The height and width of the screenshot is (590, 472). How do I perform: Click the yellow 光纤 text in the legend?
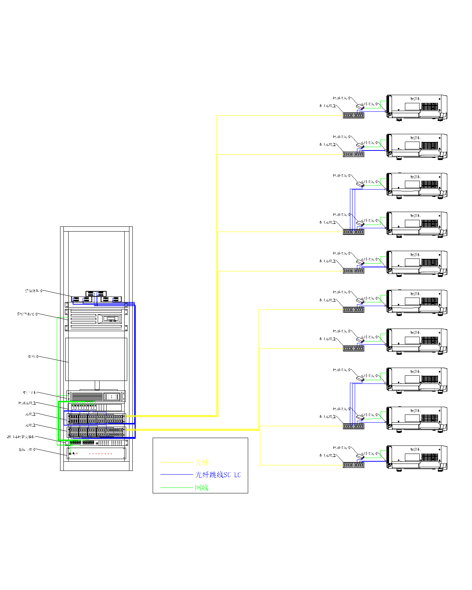[202, 462]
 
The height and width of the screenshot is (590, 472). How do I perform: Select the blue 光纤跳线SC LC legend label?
[218, 475]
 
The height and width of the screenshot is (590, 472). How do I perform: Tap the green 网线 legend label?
[202, 488]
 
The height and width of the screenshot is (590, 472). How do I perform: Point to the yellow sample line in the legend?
[177, 462]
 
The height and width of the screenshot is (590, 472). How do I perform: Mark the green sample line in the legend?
[177, 488]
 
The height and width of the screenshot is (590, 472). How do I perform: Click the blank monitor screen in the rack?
[96, 359]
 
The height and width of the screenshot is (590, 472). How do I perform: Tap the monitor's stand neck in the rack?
[97, 385]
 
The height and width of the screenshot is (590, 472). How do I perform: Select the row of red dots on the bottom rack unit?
[100, 454]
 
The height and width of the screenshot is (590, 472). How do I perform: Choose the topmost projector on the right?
[417, 107]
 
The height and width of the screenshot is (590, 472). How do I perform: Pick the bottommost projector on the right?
[417, 458]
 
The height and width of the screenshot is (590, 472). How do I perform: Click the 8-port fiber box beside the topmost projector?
[354, 115]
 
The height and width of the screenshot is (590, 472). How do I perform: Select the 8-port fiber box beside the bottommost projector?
[354, 465]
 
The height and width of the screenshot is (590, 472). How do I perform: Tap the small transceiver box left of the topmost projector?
[360, 106]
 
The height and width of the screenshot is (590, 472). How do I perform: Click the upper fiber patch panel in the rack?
[97, 419]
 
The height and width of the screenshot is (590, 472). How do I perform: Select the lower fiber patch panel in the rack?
[97, 432]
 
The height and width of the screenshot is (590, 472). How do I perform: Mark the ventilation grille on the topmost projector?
[430, 107]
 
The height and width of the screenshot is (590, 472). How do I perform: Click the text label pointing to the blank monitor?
[33, 357]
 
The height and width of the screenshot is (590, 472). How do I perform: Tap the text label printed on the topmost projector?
[415, 99]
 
